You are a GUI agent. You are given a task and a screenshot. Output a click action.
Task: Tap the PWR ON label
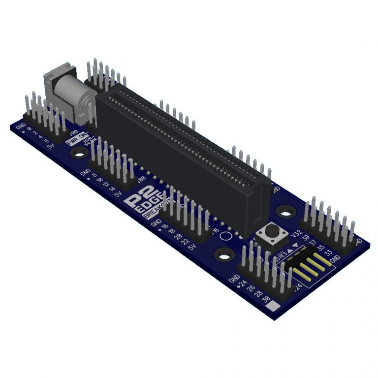(x=77, y=138)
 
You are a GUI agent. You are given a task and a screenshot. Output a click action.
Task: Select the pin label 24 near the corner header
(x=243, y=283)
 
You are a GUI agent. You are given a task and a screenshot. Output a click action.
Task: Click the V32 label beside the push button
(x=296, y=233)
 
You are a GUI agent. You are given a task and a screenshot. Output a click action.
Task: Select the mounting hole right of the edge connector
(x=284, y=211)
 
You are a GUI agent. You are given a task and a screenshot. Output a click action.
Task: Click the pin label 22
(x=186, y=242)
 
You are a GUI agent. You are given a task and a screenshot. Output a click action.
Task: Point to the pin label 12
(x=105, y=185)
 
